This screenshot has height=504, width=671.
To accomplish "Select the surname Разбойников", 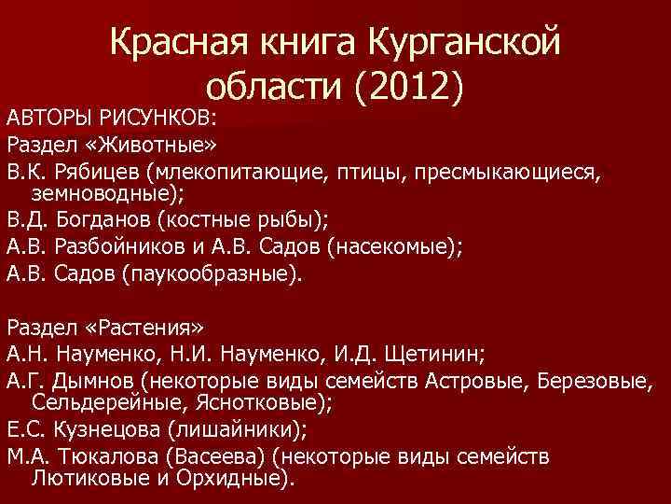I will (x=117, y=248).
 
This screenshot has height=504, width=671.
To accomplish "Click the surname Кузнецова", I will (x=106, y=431).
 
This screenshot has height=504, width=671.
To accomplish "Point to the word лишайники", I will (x=242, y=431).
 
